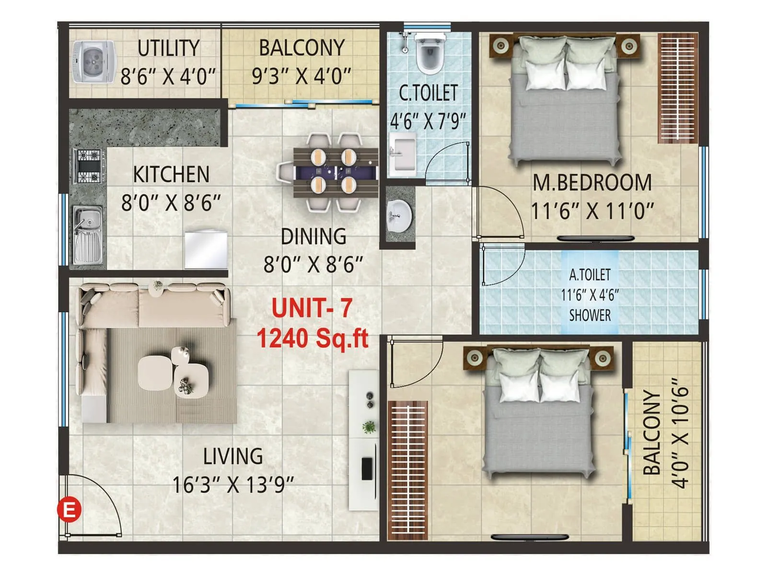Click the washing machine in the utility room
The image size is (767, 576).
click(x=94, y=62)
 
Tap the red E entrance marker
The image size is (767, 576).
click(x=69, y=509)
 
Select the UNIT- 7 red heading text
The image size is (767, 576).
click(x=312, y=308)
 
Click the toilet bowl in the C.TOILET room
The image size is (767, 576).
click(x=429, y=53)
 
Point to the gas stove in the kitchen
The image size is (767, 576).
click(x=89, y=166)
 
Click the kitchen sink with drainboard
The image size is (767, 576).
click(x=88, y=235)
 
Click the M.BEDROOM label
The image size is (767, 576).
click(x=592, y=183)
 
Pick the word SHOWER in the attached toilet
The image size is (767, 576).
click(x=590, y=315)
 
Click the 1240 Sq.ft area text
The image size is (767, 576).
click(x=312, y=338)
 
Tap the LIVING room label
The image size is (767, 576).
click(x=233, y=456)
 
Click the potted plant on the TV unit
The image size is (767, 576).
click(x=369, y=426)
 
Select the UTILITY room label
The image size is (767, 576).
click(x=168, y=48)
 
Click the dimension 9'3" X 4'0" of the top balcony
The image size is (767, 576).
click(x=302, y=75)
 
